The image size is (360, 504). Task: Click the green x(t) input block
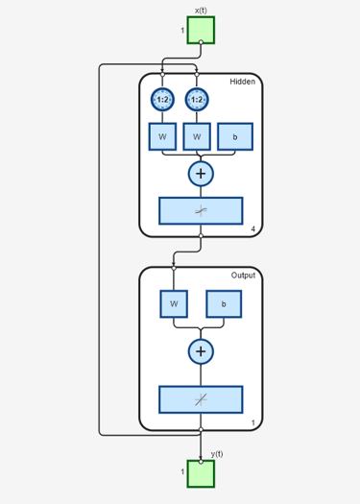[201, 31]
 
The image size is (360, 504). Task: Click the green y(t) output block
[201, 473]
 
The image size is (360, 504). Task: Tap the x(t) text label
[201, 11]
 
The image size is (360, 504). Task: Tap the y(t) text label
[217, 453]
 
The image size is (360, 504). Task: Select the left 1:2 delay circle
[162, 99]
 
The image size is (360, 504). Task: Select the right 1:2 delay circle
[197, 99]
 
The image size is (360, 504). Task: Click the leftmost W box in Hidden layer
[162, 136]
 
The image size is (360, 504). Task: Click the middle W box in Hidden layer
[197, 136]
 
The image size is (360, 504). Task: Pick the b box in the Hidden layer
[234, 136]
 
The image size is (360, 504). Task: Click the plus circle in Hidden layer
[201, 174]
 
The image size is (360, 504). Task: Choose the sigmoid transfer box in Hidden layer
[201, 210]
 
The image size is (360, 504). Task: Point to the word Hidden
[242, 82]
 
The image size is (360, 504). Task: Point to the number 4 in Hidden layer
[253, 228]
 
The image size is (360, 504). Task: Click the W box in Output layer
[174, 303]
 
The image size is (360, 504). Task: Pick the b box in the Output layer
[224, 303]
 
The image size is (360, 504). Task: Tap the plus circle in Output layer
[201, 351]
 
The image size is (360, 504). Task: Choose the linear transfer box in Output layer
[201, 398]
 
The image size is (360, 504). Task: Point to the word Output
[243, 276]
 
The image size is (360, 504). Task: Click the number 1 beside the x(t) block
[182, 31]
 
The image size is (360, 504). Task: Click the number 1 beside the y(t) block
[182, 472]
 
